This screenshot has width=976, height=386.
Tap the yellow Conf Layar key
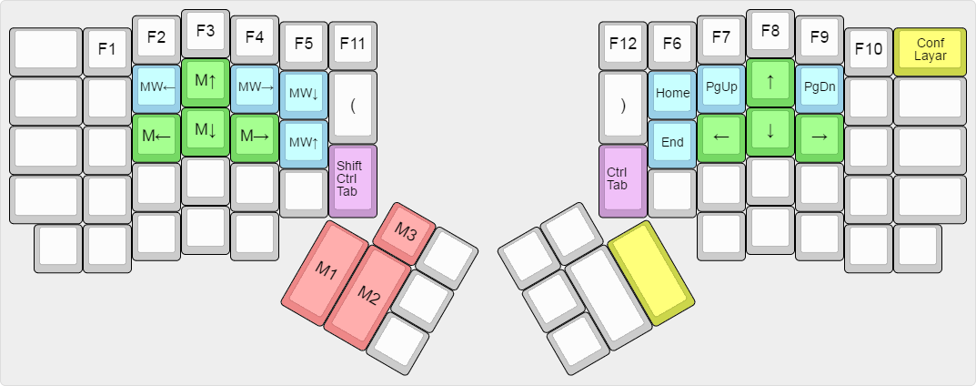click(930, 49)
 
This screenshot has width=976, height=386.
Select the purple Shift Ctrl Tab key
click(352, 178)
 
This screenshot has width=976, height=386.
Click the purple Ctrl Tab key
click(623, 178)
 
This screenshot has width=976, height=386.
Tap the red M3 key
click(406, 234)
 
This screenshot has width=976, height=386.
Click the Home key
click(672, 93)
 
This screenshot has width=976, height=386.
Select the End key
click(672, 142)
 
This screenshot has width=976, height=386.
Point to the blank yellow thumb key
click(650, 270)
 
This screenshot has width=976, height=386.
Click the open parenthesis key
click(352, 104)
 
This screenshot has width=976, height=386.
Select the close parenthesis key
click(623, 104)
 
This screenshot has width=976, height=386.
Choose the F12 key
click(623, 43)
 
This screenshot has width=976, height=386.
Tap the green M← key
click(156, 136)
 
